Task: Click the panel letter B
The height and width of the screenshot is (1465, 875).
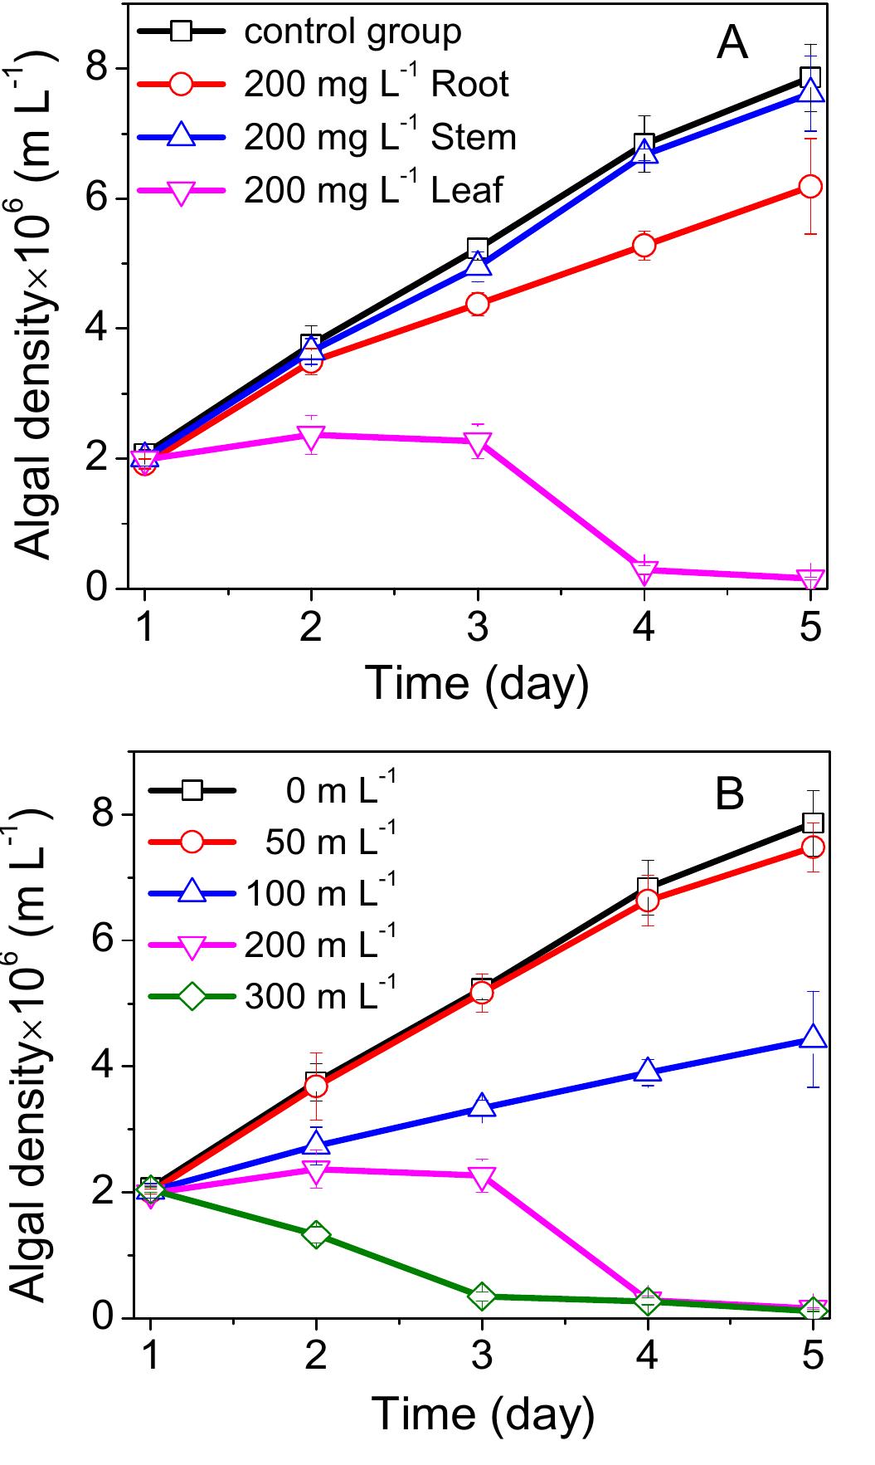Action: pos(730,794)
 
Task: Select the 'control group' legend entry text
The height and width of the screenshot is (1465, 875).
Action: pos(352,32)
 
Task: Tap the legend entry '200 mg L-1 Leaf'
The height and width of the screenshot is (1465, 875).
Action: pos(373,189)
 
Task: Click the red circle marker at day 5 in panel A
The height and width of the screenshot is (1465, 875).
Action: pos(810,186)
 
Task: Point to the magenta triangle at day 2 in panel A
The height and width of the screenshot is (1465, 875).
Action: pos(311,436)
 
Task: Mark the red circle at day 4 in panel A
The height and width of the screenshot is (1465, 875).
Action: pos(644,245)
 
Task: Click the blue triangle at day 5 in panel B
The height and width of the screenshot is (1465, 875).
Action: pos(813,1038)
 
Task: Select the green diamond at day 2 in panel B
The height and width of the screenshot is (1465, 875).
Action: pos(315,1233)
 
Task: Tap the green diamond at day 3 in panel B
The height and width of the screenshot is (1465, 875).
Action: pos(482,1296)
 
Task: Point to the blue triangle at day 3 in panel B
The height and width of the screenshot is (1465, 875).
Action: pos(482,1107)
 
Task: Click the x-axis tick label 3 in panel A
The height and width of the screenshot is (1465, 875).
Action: pos(478,627)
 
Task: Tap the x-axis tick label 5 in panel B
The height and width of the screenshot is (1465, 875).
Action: pos(814,1355)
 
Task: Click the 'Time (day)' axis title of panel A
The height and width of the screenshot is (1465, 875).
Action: pos(477,683)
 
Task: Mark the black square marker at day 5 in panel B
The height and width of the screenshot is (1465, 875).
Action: pos(813,823)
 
